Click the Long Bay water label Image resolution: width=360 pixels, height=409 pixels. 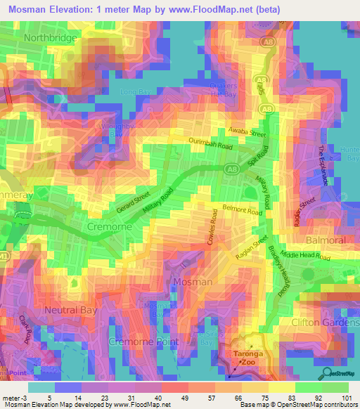coord(136,92)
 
